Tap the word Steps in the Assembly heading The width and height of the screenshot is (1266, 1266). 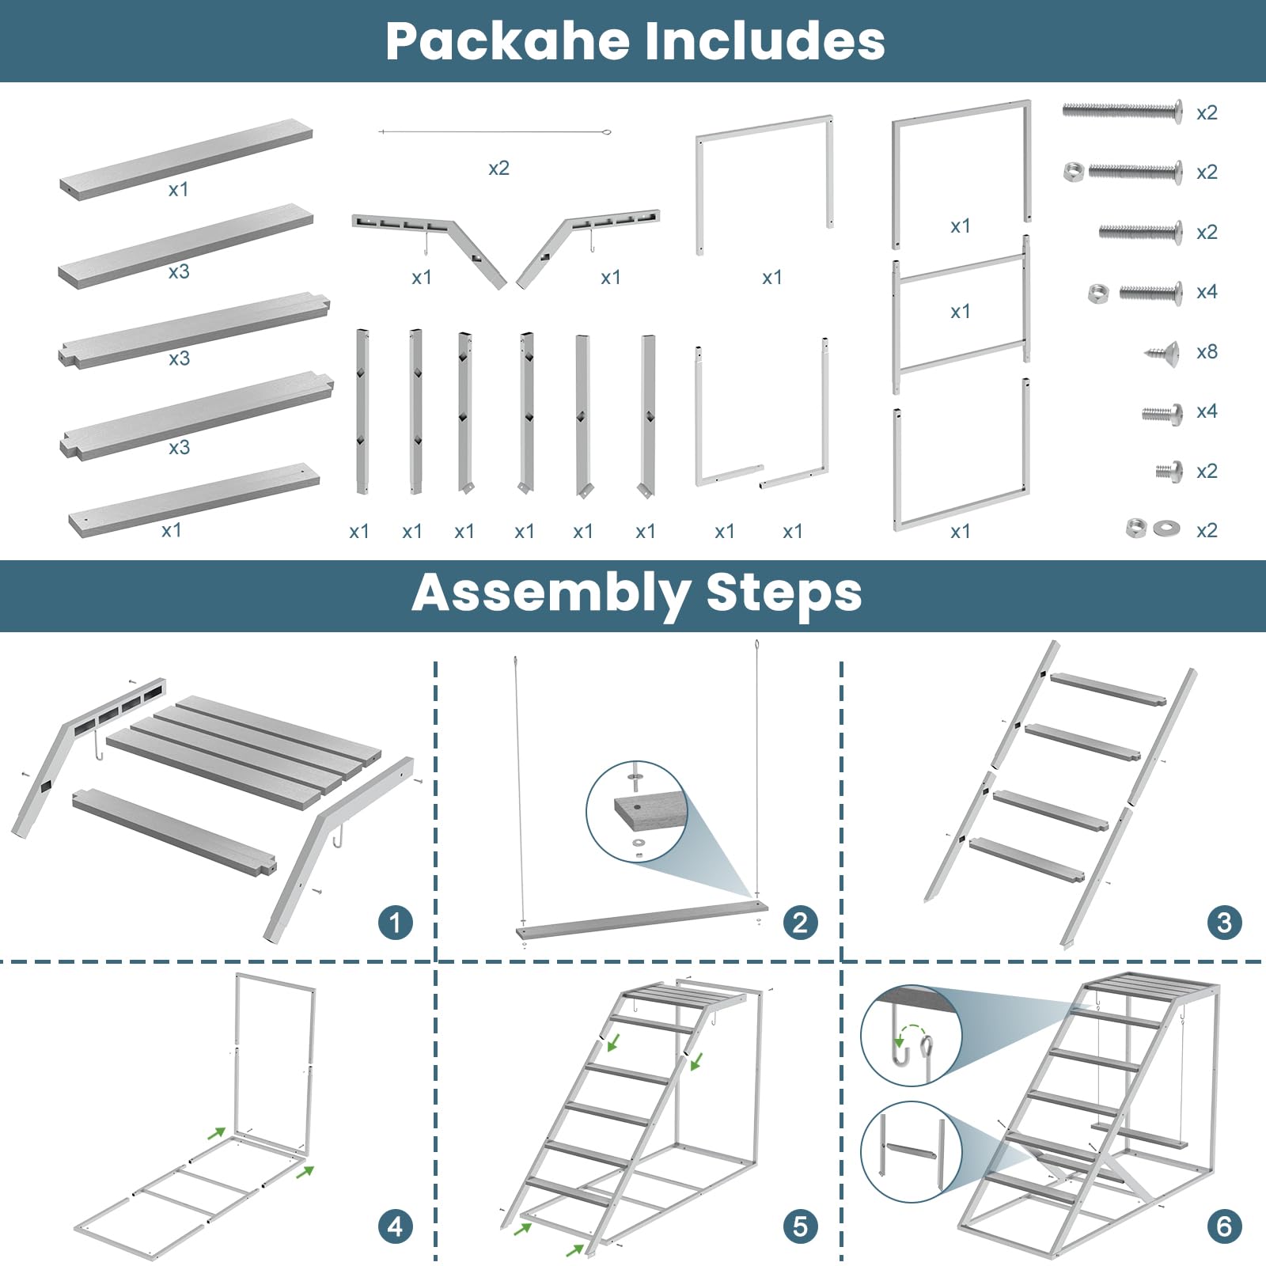[x=783, y=593]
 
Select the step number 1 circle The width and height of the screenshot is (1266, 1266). [x=396, y=923]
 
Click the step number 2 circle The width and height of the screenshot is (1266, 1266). [x=800, y=923]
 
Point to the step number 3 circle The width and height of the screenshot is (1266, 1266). [x=1224, y=923]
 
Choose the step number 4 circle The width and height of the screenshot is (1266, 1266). [x=396, y=1226]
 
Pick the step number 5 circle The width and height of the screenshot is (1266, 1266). [x=800, y=1226]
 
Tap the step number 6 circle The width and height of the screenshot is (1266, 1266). [x=1224, y=1226]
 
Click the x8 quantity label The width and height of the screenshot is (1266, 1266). [x=1207, y=351]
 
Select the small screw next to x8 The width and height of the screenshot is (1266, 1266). [x=1163, y=351]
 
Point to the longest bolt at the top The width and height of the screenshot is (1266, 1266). [x=1122, y=110]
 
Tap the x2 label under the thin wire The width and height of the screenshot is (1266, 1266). [x=498, y=168]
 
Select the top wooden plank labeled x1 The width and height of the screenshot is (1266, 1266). [x=187, y=158]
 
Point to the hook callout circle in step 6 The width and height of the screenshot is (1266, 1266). [x=911, y=1035]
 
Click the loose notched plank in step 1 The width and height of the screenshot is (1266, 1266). [x=174, y=832]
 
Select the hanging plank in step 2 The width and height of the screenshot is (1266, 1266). [x=641, y=919]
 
